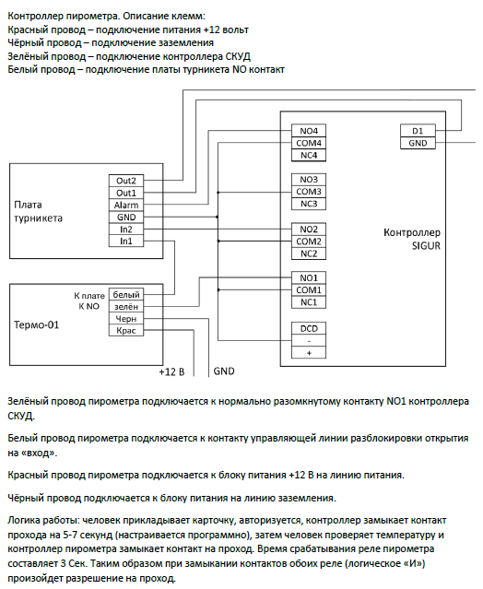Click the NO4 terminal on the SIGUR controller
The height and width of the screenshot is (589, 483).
[309, 131]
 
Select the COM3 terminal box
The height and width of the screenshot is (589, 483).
[309, 192]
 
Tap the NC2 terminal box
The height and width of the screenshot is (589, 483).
[309, 253]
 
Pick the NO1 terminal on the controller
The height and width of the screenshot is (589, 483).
[309, 277]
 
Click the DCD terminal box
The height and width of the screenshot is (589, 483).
[309, 328]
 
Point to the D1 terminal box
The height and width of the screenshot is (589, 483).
[418, 131]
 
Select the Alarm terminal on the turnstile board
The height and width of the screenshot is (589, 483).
[126, 206]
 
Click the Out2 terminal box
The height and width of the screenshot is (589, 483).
[126, 181]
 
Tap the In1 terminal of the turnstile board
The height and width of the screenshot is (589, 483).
[126, 241]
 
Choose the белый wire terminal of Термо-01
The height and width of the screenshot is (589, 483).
[126, 295]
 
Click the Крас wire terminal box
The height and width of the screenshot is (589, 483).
[126, 331]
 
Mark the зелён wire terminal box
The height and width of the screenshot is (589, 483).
[126, 307]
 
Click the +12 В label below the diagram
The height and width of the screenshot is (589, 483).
[171, 371]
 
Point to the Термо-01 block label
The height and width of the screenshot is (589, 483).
[37, 324]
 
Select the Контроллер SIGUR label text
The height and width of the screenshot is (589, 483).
[412, 239]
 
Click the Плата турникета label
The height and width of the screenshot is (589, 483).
[38, 211]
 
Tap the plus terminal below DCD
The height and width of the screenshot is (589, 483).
[309, 353]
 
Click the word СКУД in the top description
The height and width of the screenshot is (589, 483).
[238, 56]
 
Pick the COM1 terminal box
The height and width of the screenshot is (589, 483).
[309, 290]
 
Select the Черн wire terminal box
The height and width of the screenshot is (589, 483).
[126, 319]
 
